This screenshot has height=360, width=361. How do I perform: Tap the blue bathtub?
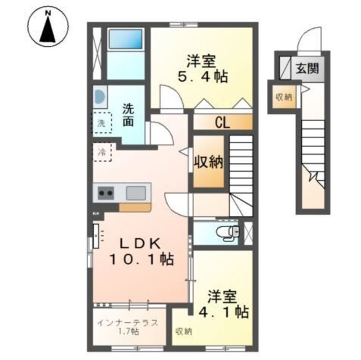pyautogui.click(x=126, y=39)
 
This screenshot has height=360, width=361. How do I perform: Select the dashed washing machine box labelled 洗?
pyautogui.click(x=102, y=122)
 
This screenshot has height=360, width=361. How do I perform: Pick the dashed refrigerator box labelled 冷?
pyautogui.click(x=103, y=152)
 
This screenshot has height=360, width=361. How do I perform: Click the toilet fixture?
pyautogui.click(x=231, y=231)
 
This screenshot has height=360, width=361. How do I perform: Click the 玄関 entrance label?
pyautogui.click(x=307, y=69)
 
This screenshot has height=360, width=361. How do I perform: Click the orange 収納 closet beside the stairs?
pyautogui.click(x=209, y=162)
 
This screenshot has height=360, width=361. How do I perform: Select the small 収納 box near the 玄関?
pyautogui.click(x=284, y=96)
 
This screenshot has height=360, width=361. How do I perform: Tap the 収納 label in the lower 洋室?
pyautogui.click(x=182, y=331)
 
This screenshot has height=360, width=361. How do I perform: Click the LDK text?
pyautogui.click(x=140, y=243)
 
